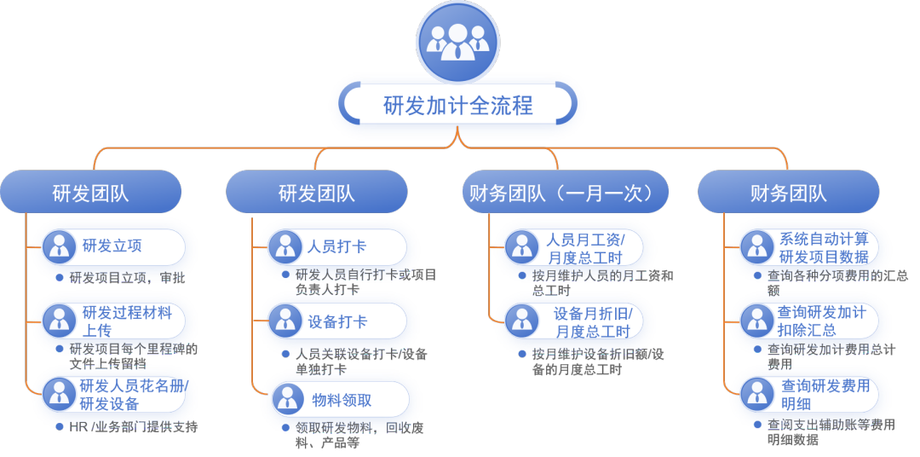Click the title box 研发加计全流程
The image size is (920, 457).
click(458, 106)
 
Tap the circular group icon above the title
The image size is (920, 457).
click(457, 42)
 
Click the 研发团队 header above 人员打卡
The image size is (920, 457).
click(316, 193)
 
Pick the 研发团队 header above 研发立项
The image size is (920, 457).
click(90, 193)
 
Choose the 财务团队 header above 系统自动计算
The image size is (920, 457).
click(788, 193)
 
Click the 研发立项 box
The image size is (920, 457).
click(114, 246)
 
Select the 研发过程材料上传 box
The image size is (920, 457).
click(114, 321)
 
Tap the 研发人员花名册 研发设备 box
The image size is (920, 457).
click(114, 395)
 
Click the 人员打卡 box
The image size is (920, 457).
click(339, 247)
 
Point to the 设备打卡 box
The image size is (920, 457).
click(339, 321)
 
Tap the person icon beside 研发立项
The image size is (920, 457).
click(59, 246)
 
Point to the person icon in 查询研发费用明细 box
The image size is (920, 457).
click(756, 395)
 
